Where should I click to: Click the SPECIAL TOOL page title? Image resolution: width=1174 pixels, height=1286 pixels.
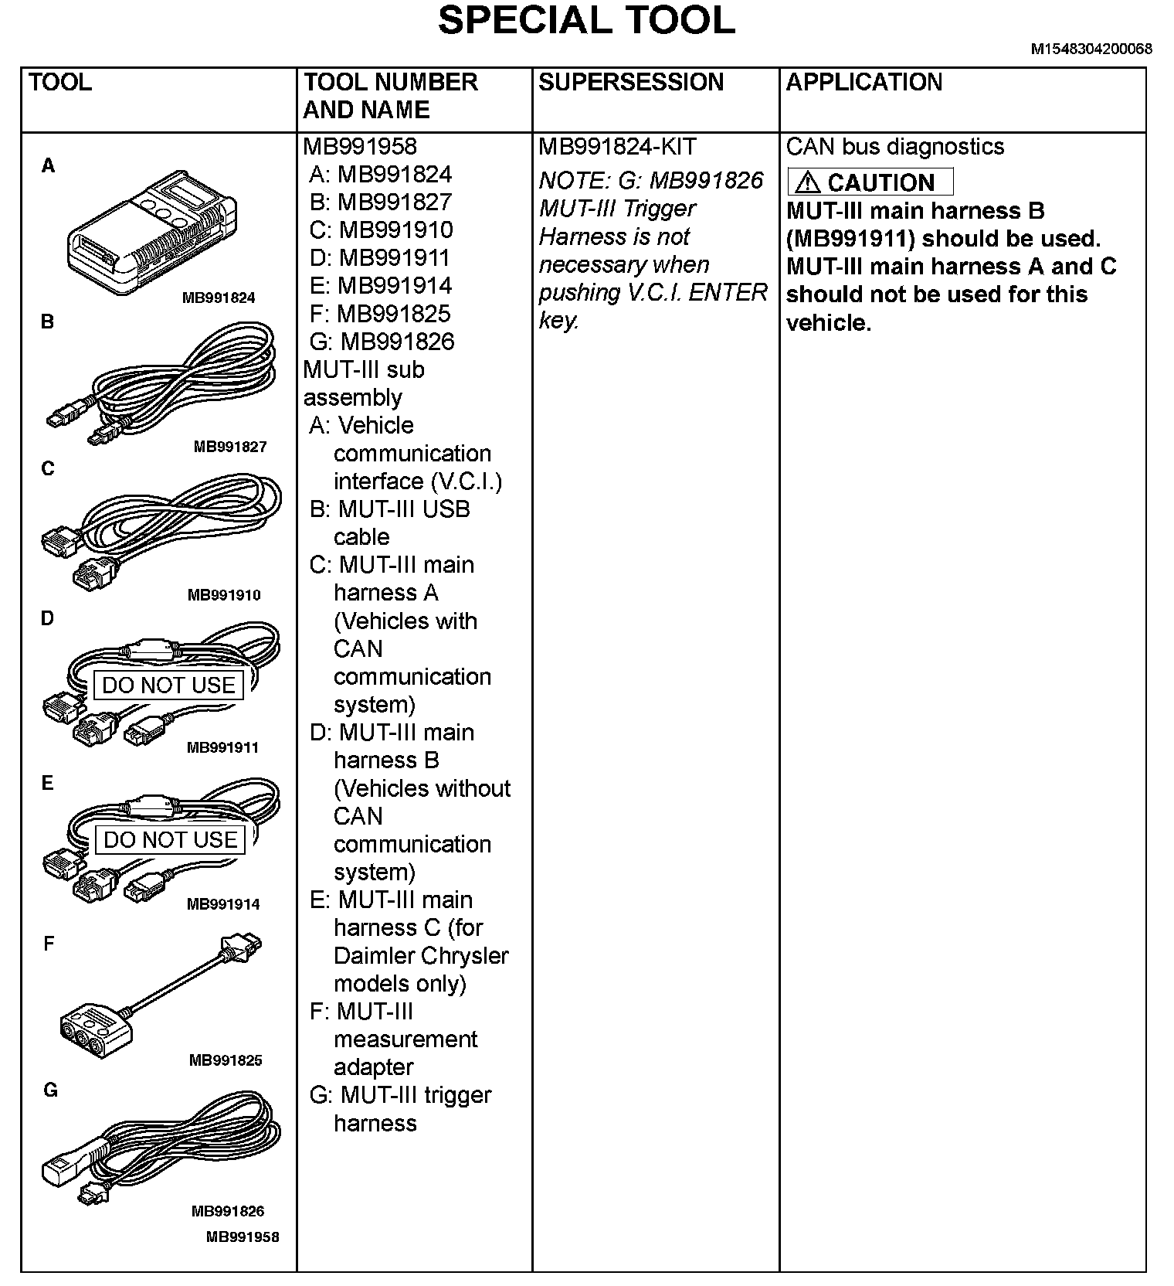point(586,22)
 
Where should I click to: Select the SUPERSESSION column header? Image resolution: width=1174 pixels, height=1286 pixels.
point(630,83)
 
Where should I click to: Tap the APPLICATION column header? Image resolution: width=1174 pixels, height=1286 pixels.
point(864,83)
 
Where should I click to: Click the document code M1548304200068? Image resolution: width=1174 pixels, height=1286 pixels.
point(1091,49)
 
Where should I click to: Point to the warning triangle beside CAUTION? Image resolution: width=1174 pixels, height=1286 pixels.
point(807,182)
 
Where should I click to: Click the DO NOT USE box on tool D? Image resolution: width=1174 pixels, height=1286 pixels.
point(168,686)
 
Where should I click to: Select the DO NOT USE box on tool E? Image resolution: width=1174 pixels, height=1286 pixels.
point(170,840)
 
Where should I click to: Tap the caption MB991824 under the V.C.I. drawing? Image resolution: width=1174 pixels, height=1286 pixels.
point(219,298)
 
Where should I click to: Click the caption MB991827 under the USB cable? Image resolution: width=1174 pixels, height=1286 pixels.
point(230,447)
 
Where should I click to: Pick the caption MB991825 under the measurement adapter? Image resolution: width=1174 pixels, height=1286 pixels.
point(226,1060)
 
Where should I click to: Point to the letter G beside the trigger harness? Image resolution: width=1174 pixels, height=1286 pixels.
point(50,1090)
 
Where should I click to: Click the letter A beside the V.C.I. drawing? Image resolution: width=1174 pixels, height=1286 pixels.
point(48,165)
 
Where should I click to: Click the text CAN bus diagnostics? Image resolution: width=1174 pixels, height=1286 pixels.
point(894,147)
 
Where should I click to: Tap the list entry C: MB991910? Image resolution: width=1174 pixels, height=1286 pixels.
point(381,230)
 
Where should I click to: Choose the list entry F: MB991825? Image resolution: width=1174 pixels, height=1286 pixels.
point(379,314)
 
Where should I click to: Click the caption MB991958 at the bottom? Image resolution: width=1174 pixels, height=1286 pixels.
point(243,1237)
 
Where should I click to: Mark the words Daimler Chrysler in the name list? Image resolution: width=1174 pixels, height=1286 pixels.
point(421,956)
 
